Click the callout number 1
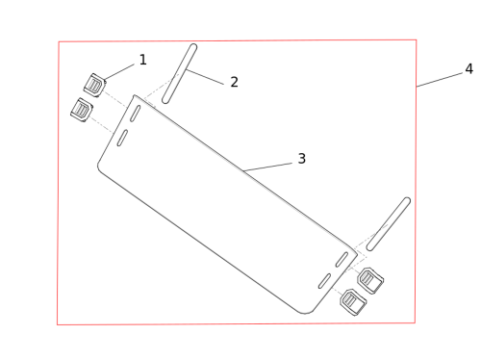pos(143,60)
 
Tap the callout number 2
pos(235,82)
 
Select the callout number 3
pos(302,159)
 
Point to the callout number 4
pos(469,68)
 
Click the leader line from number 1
pos(119,71)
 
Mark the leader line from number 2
pos(205,77)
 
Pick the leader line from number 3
pos(267,167)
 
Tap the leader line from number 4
pos(440,80)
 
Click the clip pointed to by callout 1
pos(94,85)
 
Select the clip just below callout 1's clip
pos(82,110)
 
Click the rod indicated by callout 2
pos(180,74)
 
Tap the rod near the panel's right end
pos(389,224)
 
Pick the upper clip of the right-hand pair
pos(370,281)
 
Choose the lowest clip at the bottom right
pos(353,302)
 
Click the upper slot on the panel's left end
pos(135,114)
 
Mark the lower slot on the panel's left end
pos(122,138)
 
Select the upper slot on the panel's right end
pos(342,259)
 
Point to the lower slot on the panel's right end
pos(324,281)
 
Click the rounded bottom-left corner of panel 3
pos(99,167)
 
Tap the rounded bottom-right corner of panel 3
pos(307,313)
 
